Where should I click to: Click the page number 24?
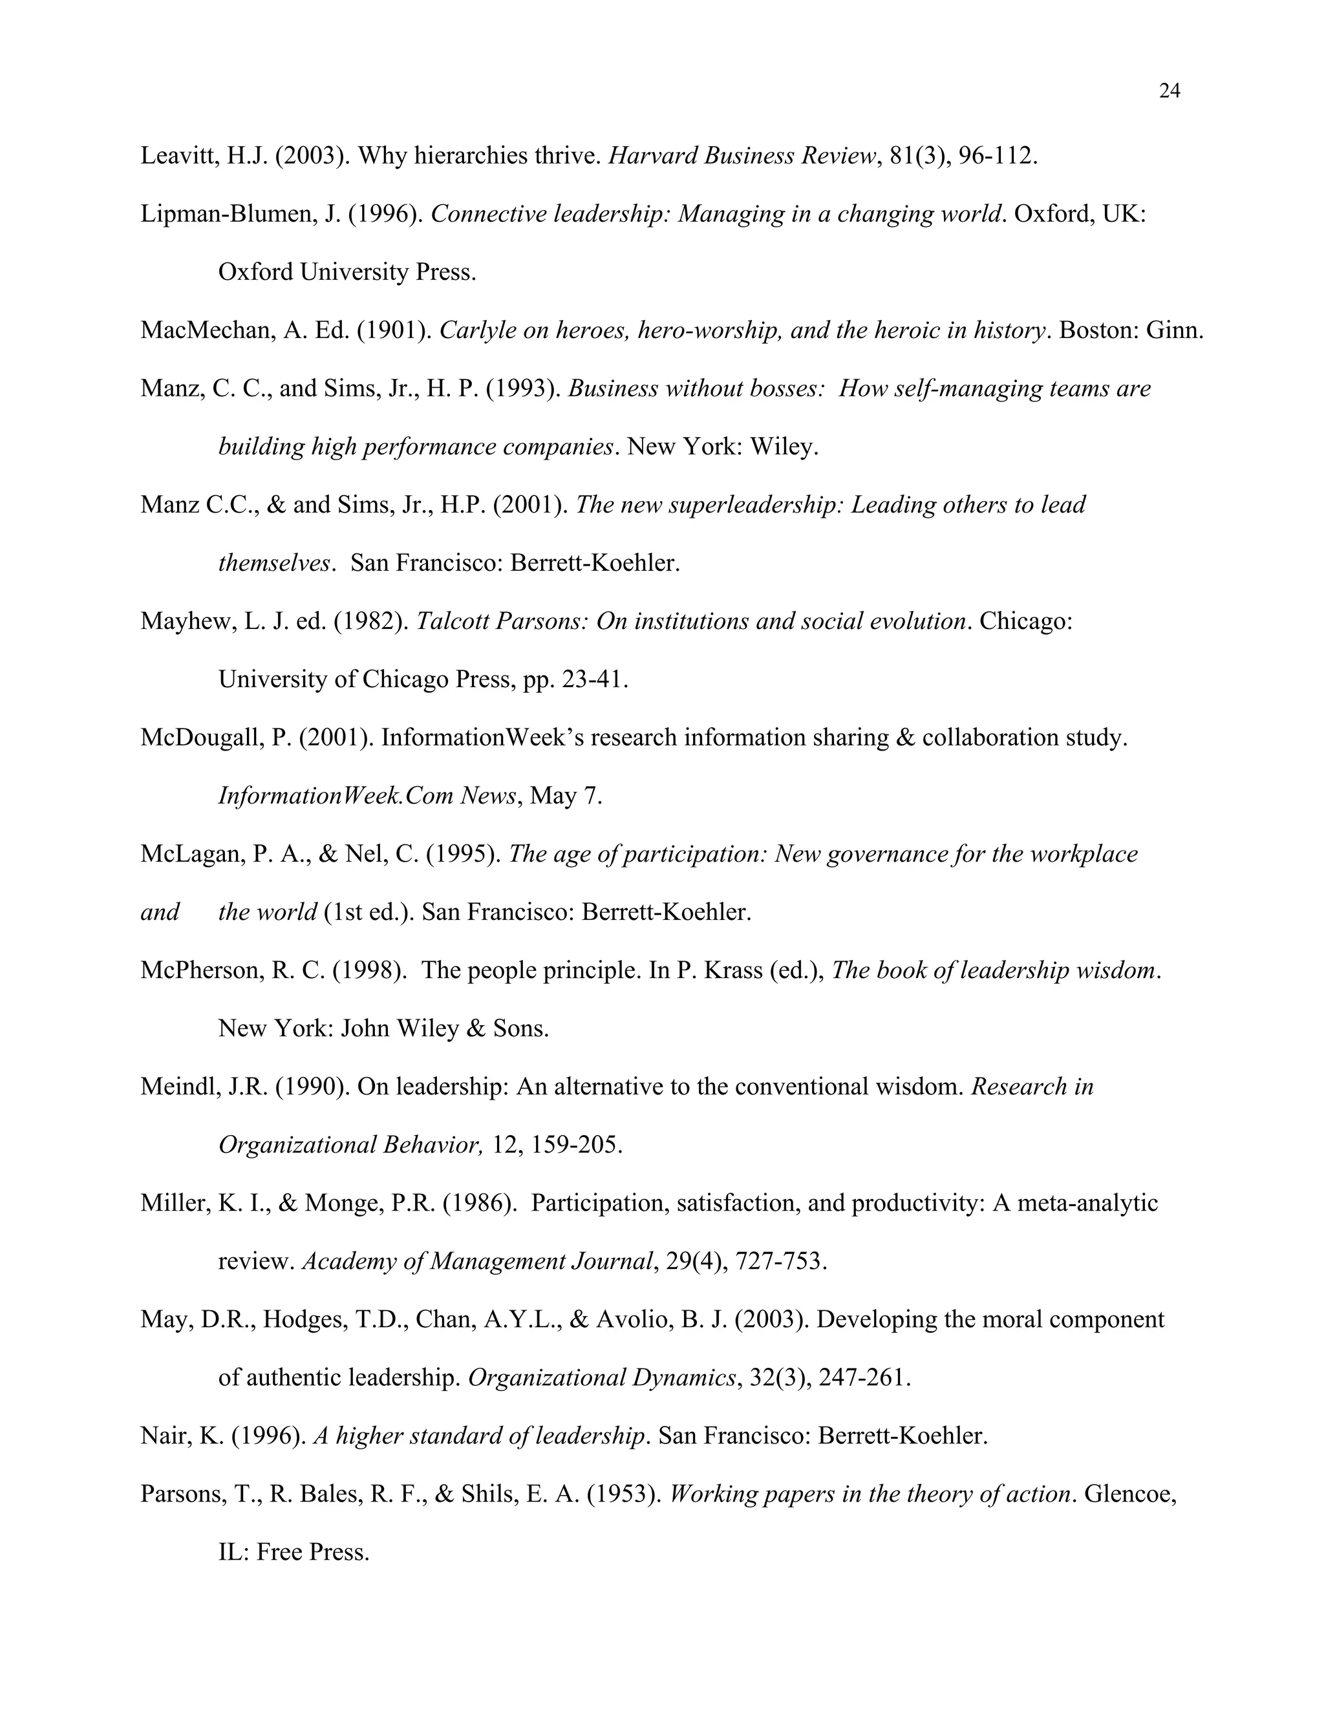(x=1169, y=92)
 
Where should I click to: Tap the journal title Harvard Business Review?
(x=742, y=156)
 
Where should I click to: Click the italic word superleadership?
(x=754, y=504)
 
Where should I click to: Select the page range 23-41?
(x=595, y=679)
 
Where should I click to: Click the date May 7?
(x=566, y=796)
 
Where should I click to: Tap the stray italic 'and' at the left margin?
(x=160, y=912)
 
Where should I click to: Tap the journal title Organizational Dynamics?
(x=603, y=1378)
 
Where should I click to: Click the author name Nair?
(x=162, y=1436)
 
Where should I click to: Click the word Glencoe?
(x=1129, y=1494)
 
